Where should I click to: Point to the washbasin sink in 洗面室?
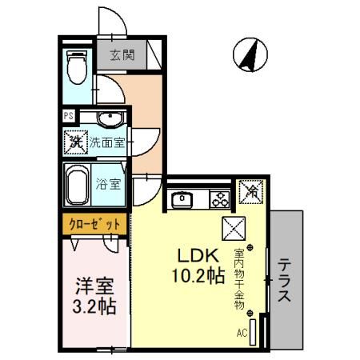[109, 119]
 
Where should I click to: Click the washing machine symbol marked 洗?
[75, 143]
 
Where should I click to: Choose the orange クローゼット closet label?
[93, 225]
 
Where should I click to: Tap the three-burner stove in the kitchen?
[218, 198]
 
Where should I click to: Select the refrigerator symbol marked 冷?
[251, 192]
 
